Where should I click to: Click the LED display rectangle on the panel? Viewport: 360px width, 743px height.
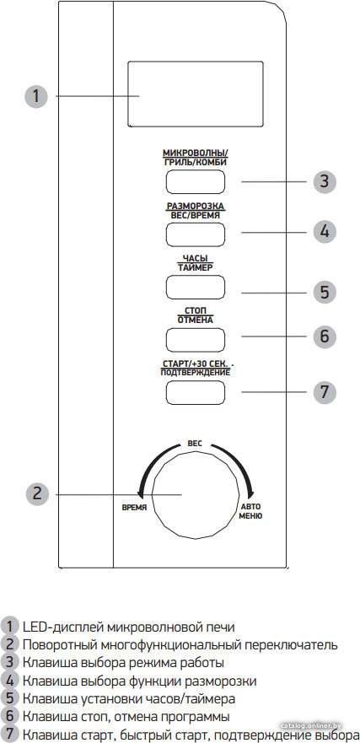pos(195,94)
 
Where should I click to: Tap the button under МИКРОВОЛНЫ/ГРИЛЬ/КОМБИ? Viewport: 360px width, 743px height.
pos(195,181)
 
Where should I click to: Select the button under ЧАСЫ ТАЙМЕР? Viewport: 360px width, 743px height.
pos(195,287)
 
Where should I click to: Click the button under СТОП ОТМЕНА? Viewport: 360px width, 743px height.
pos(195,339)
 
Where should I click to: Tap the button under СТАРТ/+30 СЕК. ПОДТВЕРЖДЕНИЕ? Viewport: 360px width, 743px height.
pos(195,391)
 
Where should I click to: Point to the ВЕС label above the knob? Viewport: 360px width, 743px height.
pos(195,444)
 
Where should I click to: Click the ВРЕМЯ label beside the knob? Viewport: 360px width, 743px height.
pos(134,507)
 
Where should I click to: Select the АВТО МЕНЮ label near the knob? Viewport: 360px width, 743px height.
pos(250,511)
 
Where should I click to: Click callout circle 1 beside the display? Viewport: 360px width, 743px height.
pos(36,96)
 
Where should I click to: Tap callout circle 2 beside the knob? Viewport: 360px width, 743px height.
pos(37,493)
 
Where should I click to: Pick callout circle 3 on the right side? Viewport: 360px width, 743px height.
pos(324,181)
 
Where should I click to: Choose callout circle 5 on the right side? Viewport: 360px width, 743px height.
pos(324,292)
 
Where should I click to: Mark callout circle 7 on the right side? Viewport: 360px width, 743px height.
pos(324,392)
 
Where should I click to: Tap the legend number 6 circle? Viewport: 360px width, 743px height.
pos(9,716)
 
